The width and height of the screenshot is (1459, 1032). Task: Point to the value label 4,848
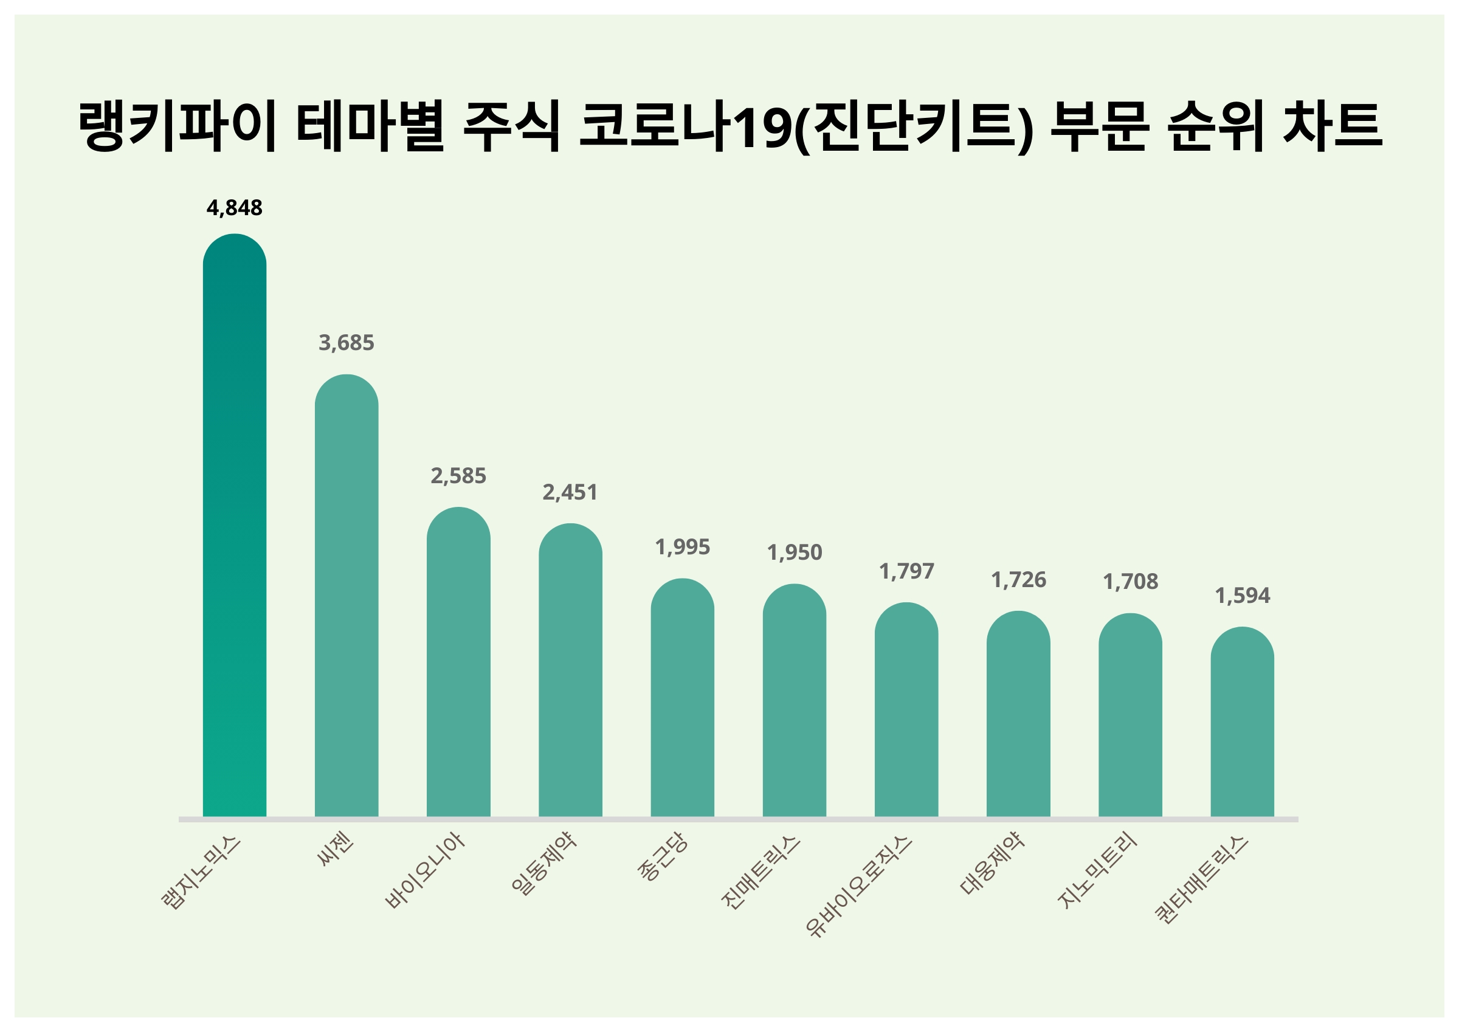[235, 208]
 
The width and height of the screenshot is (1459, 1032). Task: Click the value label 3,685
[347, 343]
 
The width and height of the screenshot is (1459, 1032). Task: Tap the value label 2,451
[570, 492]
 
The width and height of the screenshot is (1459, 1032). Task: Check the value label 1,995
[683, 547]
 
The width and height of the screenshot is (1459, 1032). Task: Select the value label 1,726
[1018, 580]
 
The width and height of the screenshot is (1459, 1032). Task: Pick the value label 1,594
[1242, 596]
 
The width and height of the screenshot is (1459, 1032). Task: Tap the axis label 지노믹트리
[1097, 871]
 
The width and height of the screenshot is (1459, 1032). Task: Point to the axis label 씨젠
[336, 851]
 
